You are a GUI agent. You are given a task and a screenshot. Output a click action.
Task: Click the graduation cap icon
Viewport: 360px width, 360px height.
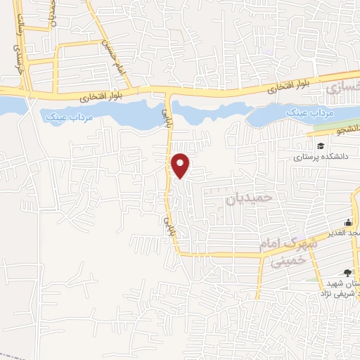(321, 146)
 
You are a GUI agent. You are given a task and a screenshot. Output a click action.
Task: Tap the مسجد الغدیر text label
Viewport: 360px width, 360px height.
(342, 233)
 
